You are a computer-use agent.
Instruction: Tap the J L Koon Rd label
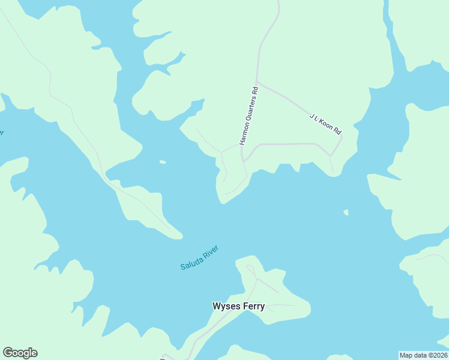pyautogui.click(x=325, y=123)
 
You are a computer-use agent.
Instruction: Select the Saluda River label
pyautogui.click(x=200, y=257)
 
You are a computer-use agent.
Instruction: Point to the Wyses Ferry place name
pyautogui.click(x=238, y=306)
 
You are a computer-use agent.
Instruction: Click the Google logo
pyautogui.click(x=20, y=353)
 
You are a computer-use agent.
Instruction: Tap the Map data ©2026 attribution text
pyautogui.click(x=423, y=355)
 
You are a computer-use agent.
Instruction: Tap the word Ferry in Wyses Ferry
pyautogui.click(x=254, y=306)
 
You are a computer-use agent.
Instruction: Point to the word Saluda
pyautogui.click(x=191, y=262)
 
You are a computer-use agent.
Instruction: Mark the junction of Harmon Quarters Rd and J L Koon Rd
pyautogui.click(x=257, y=82)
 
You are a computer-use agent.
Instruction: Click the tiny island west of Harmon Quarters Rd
pyautogui.click(x=162, y=161)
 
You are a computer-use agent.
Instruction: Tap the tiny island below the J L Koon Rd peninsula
pyautogui.click(x=346, y=212)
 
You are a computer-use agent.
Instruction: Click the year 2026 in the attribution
pyautogui.click(x=439, y=355)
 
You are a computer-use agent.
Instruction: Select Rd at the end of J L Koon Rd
pyautogui.click(x=337, y=130)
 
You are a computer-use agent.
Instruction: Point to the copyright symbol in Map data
pyautogui.click(x=427, y=355)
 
